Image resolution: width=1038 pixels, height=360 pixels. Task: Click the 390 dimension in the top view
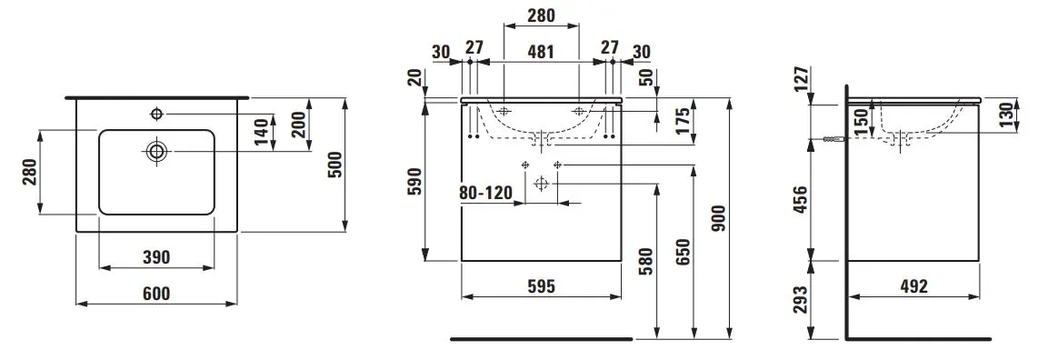pyautogui.click(x=156, y=257)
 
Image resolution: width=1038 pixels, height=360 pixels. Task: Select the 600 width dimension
pyautogui.click(x=156, y=293)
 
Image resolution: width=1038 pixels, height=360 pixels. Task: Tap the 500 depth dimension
pyautogui.click(x=335, y=165)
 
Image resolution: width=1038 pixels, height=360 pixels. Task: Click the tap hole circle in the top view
pyautogui.click(x=157, y=114)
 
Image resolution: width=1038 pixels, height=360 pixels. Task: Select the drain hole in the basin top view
pyautogui.click(x=157, y=151)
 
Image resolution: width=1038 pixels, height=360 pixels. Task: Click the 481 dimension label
pyautogui.click(x=541, y=51)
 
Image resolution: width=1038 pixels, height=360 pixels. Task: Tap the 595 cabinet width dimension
pyautogui.click(x=541, y=285)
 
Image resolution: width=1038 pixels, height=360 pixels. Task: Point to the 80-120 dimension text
pyautogui.click(x=486, y=193)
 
